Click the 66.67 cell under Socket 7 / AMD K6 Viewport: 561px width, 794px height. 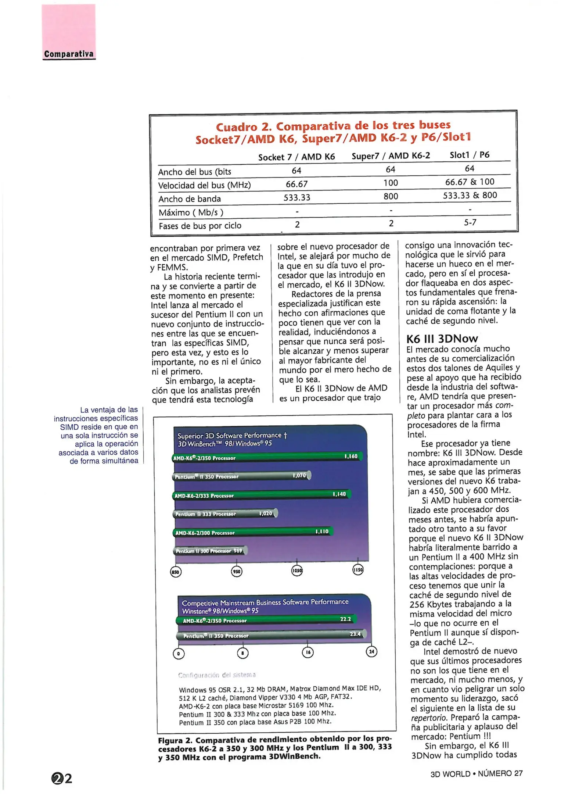pos(296,184)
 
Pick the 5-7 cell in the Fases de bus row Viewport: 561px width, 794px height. pos(470,222)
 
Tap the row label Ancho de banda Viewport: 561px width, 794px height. pos(190,199)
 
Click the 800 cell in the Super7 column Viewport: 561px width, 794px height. pos(391,196)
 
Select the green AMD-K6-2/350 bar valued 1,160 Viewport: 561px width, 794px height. pos(267,457)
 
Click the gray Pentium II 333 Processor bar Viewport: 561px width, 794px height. pos(225,514)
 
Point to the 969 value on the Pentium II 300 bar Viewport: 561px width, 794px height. pos(238,551)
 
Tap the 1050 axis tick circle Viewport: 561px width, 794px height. pos(297,571)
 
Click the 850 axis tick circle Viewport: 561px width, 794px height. pos(176,572)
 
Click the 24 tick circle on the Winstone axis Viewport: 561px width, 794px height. pos(371,652)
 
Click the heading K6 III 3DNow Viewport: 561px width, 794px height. pos(442,339)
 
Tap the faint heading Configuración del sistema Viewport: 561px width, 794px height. pos(217,675)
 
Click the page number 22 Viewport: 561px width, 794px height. pos(62,778)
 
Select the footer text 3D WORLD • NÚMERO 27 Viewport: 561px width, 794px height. pos(476,773)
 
